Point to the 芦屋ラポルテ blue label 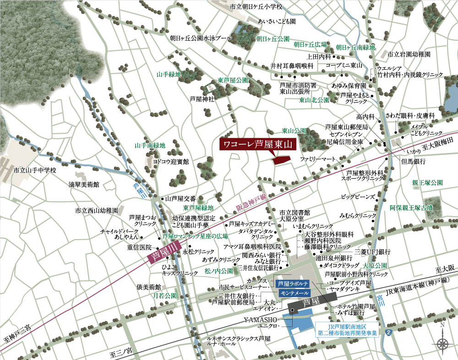(x=294, y=284)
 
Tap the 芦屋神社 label (x=202, y=98)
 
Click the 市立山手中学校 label (x=34, y=170)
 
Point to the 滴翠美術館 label (x=84, y=185)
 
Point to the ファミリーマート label (x=318, y=159)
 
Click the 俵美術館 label (x=149, y=287)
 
